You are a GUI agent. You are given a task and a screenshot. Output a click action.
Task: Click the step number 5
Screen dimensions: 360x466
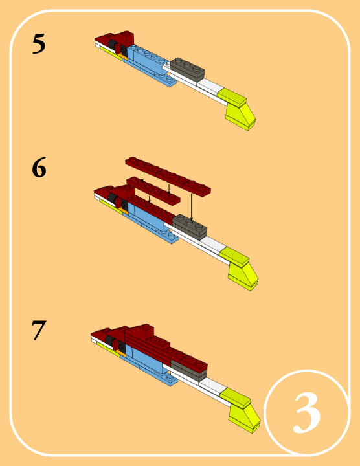39,44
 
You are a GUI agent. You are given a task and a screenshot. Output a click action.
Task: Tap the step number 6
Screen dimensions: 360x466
39,168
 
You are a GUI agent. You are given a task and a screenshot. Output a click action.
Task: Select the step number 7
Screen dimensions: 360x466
39,330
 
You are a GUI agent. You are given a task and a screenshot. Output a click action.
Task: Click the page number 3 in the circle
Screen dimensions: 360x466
306,413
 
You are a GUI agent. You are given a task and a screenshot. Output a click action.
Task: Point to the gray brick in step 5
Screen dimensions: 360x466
187,69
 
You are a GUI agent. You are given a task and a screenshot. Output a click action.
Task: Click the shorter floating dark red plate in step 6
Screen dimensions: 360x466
153,191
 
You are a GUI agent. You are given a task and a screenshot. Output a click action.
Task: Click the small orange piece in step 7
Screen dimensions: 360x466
121,353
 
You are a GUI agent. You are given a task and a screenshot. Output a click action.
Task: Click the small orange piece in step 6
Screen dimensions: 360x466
124,211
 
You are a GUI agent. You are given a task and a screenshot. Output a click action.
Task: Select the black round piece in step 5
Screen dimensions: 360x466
113,45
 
